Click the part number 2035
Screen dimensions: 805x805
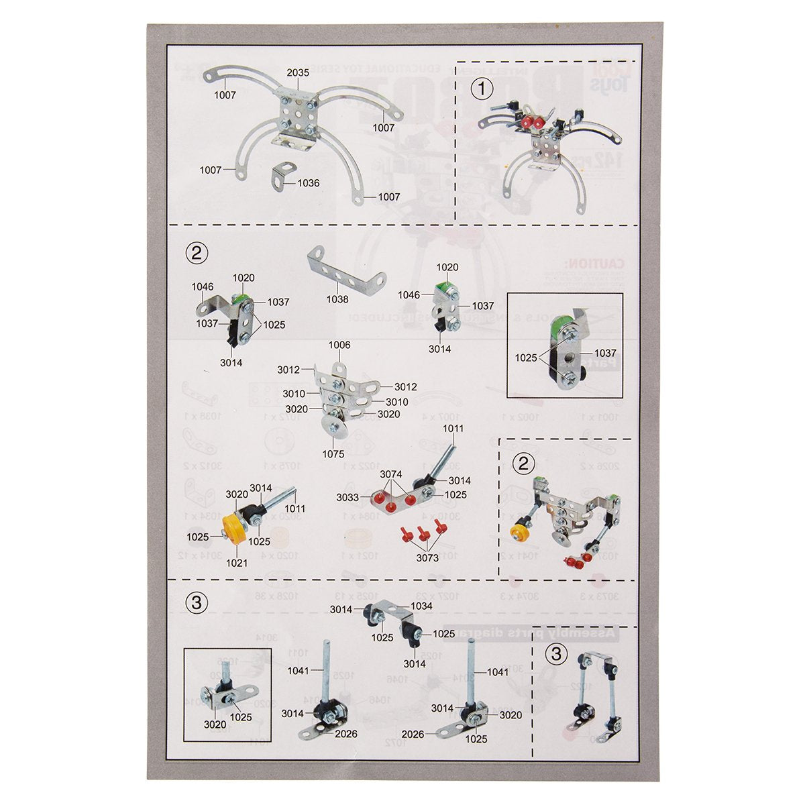click(298, 72)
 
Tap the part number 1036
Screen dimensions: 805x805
click(309, 182)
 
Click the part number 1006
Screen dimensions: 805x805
click(339, 345)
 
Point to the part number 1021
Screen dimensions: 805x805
click(237, 563)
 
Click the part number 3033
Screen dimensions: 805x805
click(366, 498)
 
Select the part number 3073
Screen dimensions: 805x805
click(427, 557)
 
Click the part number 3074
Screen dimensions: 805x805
click(392, 474)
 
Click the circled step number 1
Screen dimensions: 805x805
click(481, 88)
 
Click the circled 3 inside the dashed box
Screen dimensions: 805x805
click(555, 654)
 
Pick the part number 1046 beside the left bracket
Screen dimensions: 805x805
click(203, 286)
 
